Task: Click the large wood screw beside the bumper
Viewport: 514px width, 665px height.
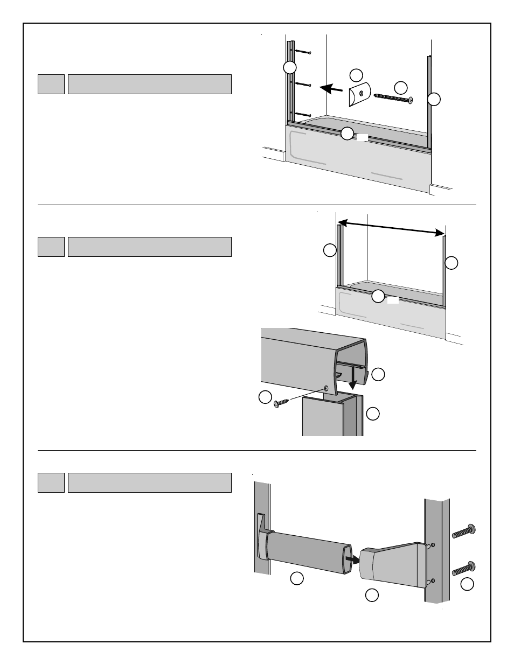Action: click(393, 97)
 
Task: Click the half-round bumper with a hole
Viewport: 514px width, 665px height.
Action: click(358, 95)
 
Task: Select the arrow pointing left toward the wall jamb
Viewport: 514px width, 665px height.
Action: click(330, 88)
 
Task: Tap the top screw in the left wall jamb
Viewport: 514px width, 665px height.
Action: click(303, 52)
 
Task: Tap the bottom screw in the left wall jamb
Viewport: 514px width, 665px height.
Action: click(303, 115)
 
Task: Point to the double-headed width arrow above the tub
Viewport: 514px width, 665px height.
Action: click(391, 227)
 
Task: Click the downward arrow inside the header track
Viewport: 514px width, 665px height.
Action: click(352, 377)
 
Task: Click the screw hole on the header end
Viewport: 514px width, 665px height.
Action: click(327, 388)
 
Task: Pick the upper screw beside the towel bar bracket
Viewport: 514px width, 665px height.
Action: click(463, 531)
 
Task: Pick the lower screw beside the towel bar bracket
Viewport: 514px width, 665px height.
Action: click(463, 568)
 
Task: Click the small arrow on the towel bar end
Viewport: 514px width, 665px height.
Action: click(352, 559)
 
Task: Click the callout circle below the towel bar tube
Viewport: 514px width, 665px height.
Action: click(296, 579)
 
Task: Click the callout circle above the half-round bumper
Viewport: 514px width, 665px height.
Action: click(356, 74)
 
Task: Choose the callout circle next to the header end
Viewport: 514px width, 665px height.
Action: click(379, 374)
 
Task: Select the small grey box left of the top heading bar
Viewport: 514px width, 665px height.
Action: click(51, 84)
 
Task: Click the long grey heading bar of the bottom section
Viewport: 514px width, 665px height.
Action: click(150, 482)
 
